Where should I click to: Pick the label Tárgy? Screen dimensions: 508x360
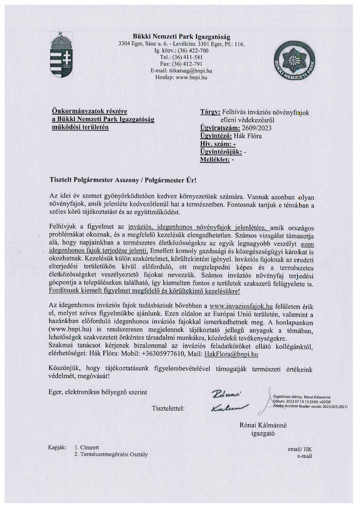pyautogui.click(x=210, y=113)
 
